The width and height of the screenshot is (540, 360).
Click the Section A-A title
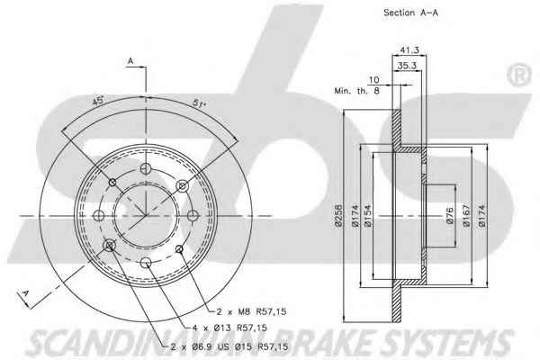click(410, 13)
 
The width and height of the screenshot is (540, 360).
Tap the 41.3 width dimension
click(409, 50)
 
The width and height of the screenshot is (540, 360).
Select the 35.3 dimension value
click(407, 65)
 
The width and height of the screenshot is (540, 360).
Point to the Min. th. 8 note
click(356, 91)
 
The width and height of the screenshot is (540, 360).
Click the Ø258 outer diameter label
click(338, 216)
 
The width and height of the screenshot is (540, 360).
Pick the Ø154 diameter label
click(367, 216)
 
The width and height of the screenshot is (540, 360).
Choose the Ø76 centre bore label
click(450, 216)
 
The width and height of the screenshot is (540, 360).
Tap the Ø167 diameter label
click(466, 216)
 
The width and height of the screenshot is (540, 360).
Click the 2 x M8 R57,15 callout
click(251, 311)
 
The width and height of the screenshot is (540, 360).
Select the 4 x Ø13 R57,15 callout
click(229, 328)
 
